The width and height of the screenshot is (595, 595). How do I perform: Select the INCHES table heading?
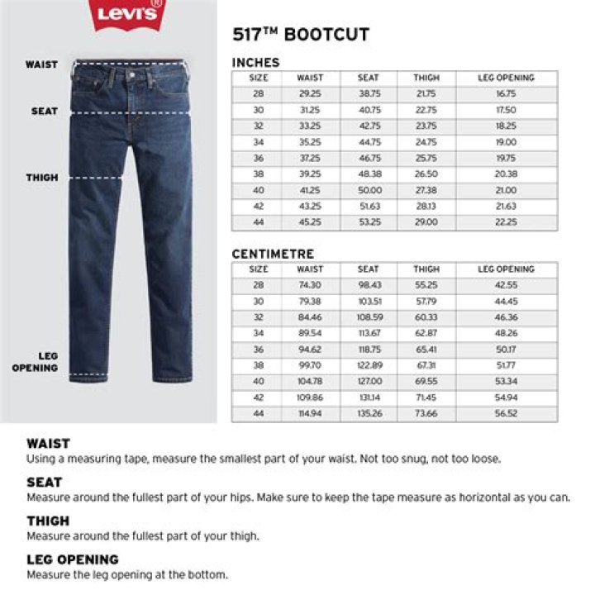255,63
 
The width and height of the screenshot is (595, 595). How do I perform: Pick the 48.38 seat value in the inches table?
369,174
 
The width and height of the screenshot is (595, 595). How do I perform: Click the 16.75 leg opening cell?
506,94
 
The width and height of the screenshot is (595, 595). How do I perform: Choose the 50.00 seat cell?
369,190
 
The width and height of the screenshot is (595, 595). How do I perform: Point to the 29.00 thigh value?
426,222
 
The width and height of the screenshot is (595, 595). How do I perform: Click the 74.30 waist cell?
310,285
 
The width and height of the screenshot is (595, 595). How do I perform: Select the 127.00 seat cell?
369,382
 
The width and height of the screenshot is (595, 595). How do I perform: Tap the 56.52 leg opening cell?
506,414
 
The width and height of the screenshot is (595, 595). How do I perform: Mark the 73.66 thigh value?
426,414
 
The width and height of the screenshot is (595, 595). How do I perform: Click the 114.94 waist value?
310,414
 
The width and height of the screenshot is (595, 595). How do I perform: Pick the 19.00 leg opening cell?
506,142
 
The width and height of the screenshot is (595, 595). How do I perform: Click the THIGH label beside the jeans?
42,178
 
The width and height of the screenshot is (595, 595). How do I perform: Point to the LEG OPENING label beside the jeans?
36,362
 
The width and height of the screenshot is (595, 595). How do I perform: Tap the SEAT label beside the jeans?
45,111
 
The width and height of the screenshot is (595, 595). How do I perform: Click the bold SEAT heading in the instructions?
44,482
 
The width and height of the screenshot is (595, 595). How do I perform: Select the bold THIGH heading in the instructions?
48,521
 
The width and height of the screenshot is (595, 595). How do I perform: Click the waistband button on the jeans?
130,74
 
